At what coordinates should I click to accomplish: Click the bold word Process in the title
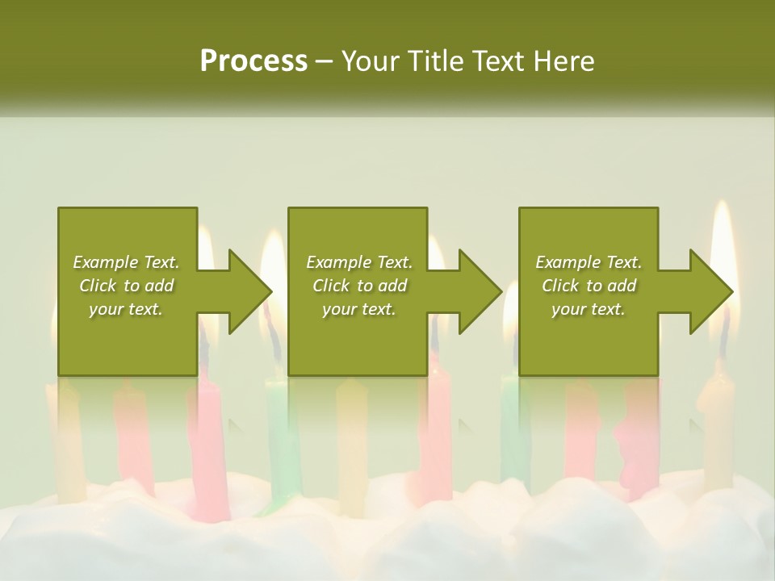[253, 61]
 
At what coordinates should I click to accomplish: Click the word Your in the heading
[371, 61]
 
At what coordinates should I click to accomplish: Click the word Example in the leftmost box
[106, 262]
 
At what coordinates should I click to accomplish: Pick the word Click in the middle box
[330, 286]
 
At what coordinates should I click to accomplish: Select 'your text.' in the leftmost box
[125, 309]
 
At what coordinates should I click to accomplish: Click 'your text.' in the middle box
[358, 309]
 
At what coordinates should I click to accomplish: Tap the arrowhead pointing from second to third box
[480, 291]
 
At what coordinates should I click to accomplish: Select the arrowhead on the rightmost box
[710, 291]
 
